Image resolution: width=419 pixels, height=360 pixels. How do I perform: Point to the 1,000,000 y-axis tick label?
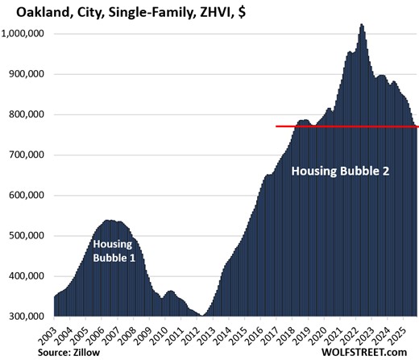click(27, 34)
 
